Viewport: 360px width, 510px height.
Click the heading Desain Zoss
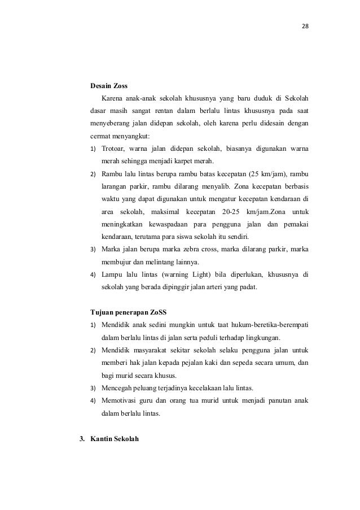109,86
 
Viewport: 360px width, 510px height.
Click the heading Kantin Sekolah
115,438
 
